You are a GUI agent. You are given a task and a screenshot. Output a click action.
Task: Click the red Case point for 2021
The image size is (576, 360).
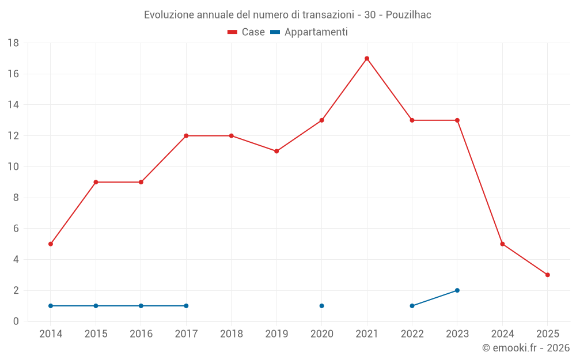tap(367, 58)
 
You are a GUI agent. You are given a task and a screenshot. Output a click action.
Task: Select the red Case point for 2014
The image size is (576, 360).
tap(51, 244)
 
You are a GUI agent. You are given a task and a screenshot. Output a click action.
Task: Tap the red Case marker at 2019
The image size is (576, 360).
tap(276, 151)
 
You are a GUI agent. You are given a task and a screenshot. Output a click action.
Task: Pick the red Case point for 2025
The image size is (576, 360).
tap(547, 275)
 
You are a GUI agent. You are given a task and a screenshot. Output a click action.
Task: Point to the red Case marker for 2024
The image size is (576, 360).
tap(502, 244)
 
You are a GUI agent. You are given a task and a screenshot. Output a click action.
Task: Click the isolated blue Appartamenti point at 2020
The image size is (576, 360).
tap(321, 306)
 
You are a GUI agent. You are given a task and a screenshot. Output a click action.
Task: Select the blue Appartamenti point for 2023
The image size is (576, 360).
tap(457, 290)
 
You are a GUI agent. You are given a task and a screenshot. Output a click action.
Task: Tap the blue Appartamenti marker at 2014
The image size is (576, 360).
tap(51, 306)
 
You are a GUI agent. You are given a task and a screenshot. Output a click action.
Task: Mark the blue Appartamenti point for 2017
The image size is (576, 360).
tap(186, 306)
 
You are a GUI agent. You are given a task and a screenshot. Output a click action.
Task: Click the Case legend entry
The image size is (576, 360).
tap(247, 32)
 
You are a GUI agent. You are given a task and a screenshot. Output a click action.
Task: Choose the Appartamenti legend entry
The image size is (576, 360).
tap(309, 32)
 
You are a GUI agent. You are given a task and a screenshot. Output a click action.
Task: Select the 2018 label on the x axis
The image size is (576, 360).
tap(232, 334)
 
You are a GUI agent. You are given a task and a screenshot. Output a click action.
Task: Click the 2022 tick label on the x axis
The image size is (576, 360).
tap(412, 334)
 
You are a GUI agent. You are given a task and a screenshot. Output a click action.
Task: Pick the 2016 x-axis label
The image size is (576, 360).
tap(141, 334)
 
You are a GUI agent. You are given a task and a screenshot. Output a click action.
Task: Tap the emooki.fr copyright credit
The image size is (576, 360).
tap(526, 348)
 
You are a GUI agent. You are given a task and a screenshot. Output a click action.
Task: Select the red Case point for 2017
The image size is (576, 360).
tap(186, 136)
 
